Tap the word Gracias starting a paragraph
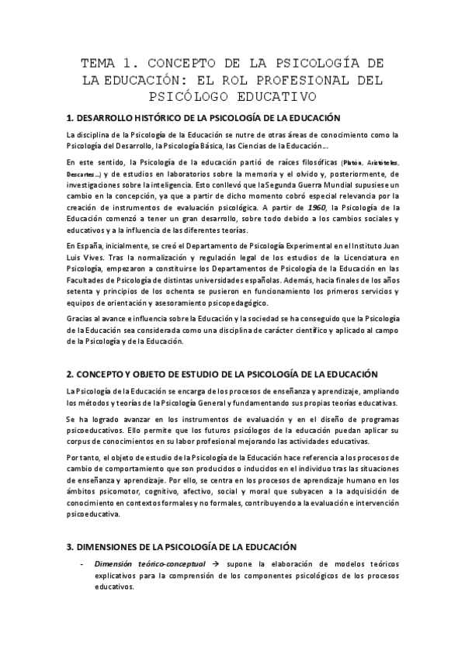click(80, 318)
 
